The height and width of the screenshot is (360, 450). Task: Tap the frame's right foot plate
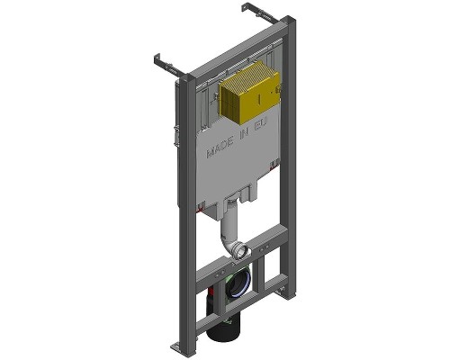286,292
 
